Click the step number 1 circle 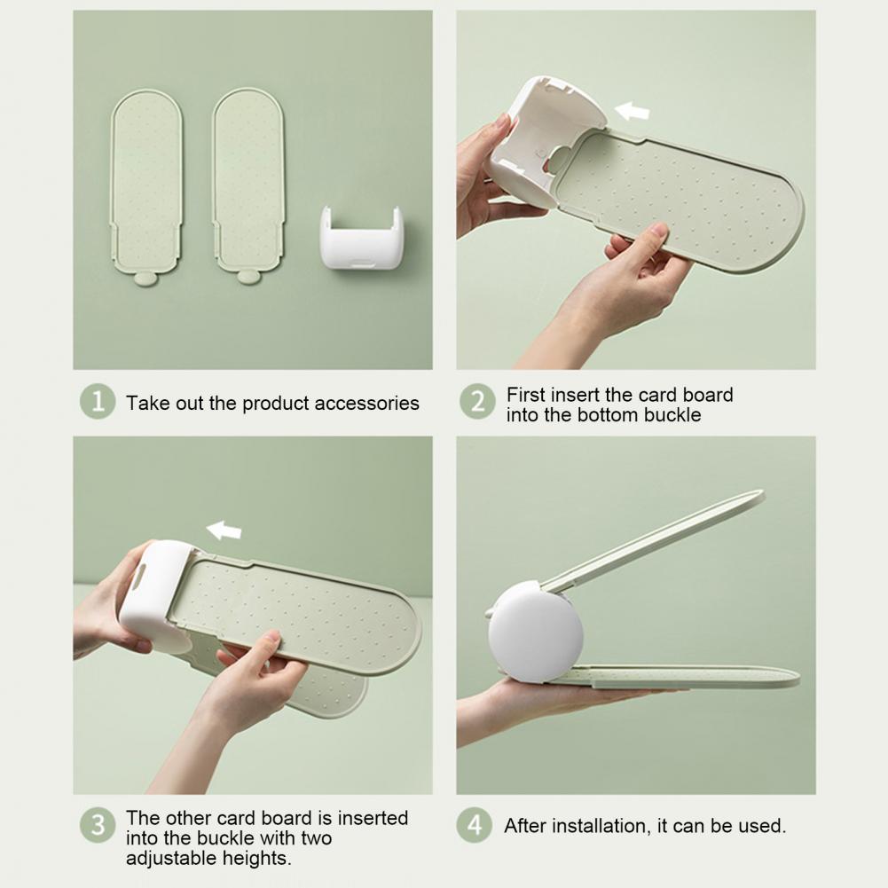[x=98, y=402]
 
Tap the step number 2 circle [x=477, y=402]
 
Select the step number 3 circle [x=98, y=825]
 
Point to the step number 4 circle [x=474, y=825]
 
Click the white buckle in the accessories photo [x=362, y=238]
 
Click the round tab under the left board [x=146, y=279]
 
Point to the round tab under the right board [x=248, y=277]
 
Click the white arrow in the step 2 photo [x=632, y=111]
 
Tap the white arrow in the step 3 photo [x=224, y=530]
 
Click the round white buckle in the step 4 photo [x=535, y=631]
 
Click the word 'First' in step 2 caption [x=525, y=394]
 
